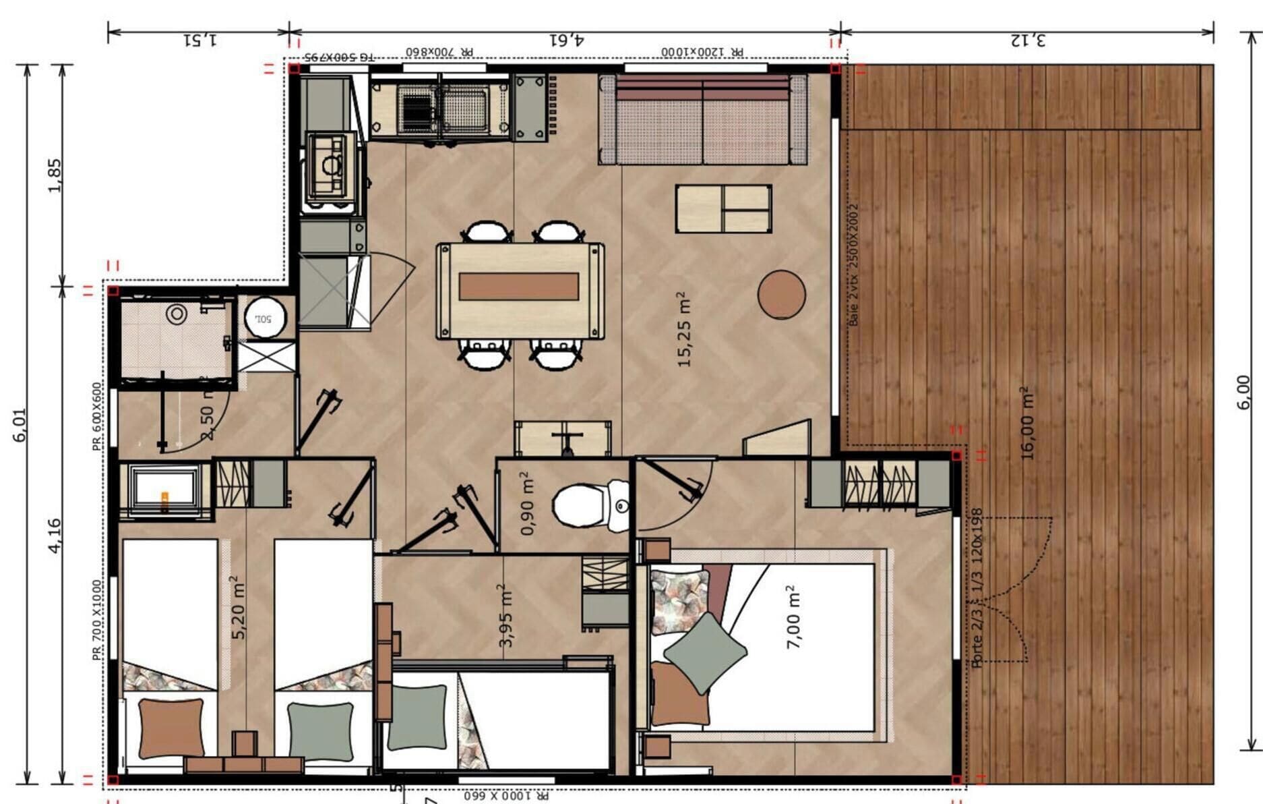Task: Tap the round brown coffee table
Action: click(781, 294)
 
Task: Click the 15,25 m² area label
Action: click(684, 329)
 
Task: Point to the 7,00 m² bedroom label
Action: click(794, 616)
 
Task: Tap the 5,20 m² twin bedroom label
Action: click(239, 607)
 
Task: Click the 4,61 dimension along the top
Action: click(565, 39)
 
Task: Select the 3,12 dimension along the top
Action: click(1028, 39)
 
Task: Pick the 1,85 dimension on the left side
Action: click(55, 175)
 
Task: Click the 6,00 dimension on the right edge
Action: click(1244, 392)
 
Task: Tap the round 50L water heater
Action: click(261, 317)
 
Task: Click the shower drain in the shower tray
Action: click(177, 314)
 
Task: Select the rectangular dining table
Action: click(520, 290)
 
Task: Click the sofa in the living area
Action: click(703, 120)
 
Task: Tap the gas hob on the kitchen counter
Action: click(330, 166)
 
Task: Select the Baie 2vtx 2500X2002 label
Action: click(854, 264)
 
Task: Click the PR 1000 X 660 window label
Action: click(505, 796)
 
